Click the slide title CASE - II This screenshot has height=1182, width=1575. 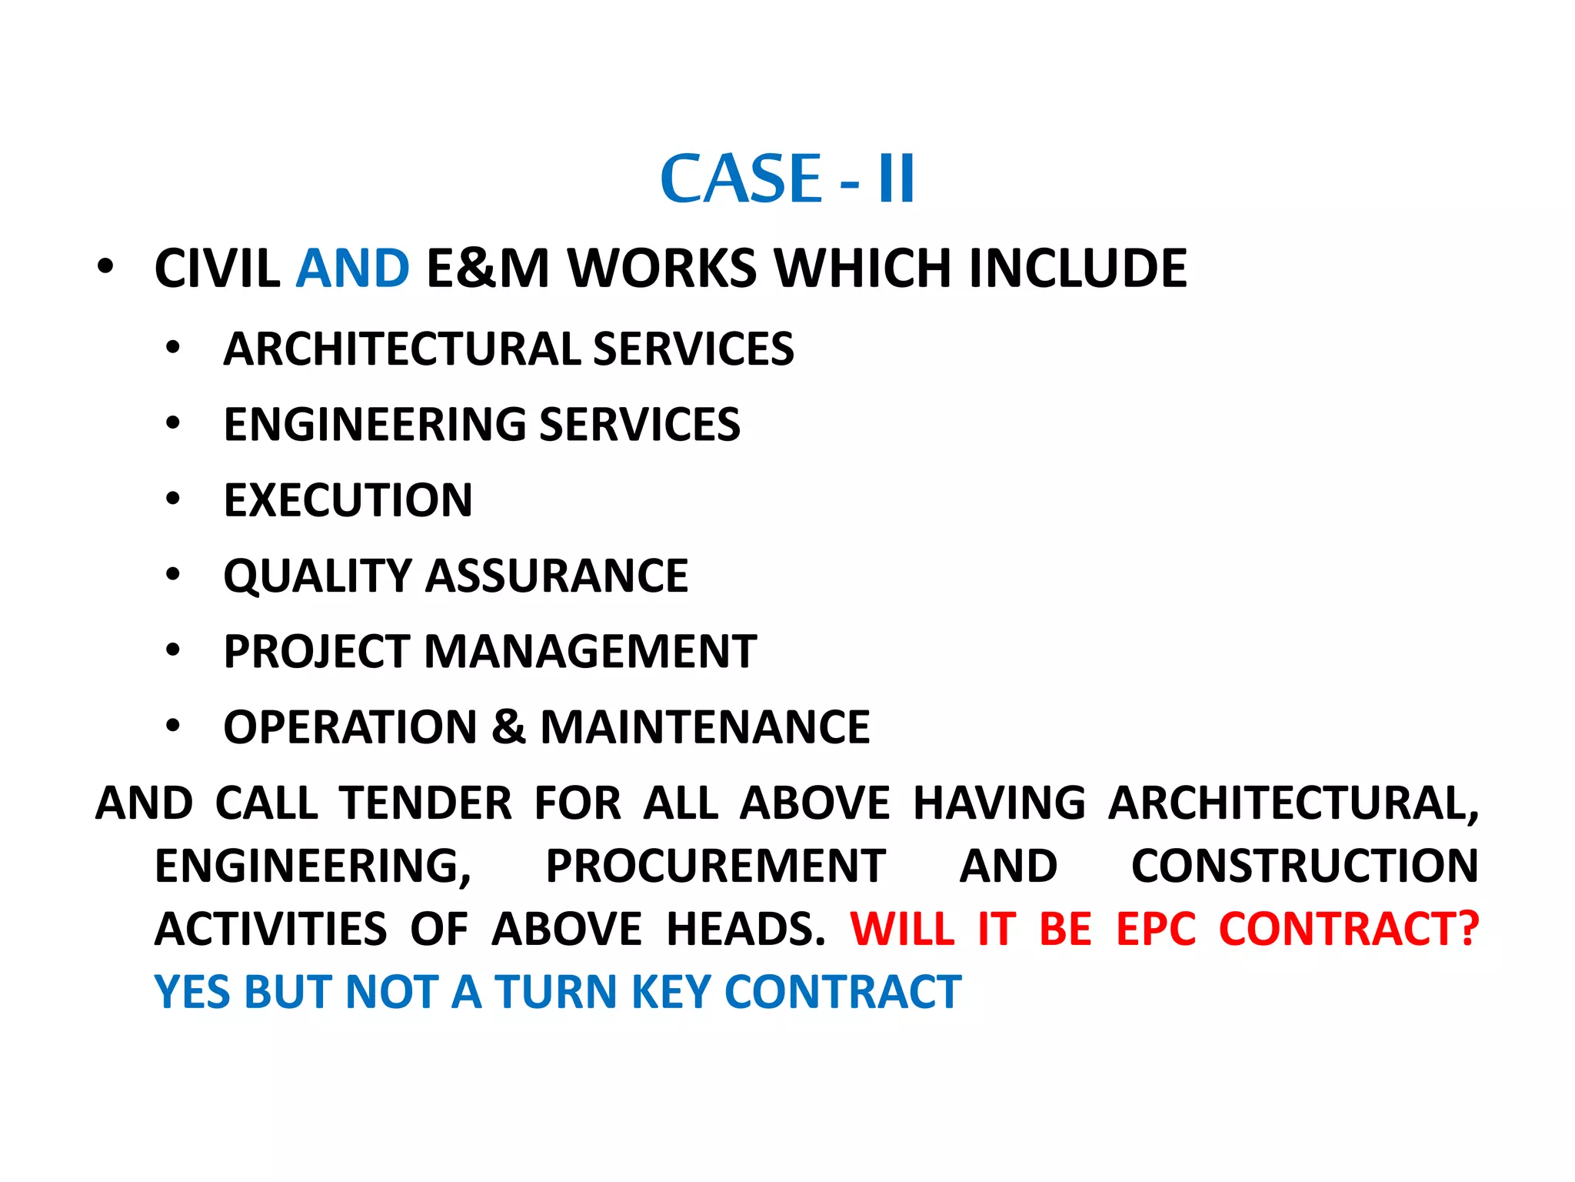(787, 179)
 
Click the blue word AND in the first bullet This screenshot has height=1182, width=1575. (353, 269)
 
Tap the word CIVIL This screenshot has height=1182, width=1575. (218, 269)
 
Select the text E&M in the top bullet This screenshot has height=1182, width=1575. (488, 269)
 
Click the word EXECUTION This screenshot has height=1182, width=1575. (348, 500)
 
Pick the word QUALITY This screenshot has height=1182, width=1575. (318, 576)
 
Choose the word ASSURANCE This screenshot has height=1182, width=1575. (557, 576)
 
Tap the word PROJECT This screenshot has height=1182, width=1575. (316, 652)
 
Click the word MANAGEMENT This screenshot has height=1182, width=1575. (591, 652)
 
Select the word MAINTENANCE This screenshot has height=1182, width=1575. (704, 727)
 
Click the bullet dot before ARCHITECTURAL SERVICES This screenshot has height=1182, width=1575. (173, 348)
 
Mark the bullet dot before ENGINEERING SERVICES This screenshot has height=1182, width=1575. (173, 423)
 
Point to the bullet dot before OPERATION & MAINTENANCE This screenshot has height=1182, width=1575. (173, 726)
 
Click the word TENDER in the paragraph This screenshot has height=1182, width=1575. (425, 803)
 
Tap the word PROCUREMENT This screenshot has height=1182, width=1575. (715, 866)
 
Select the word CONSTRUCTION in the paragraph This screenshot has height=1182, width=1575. (1304, 866)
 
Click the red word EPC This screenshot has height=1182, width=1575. (1156, 929)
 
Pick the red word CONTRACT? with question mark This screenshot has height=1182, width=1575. (1349, 929)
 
